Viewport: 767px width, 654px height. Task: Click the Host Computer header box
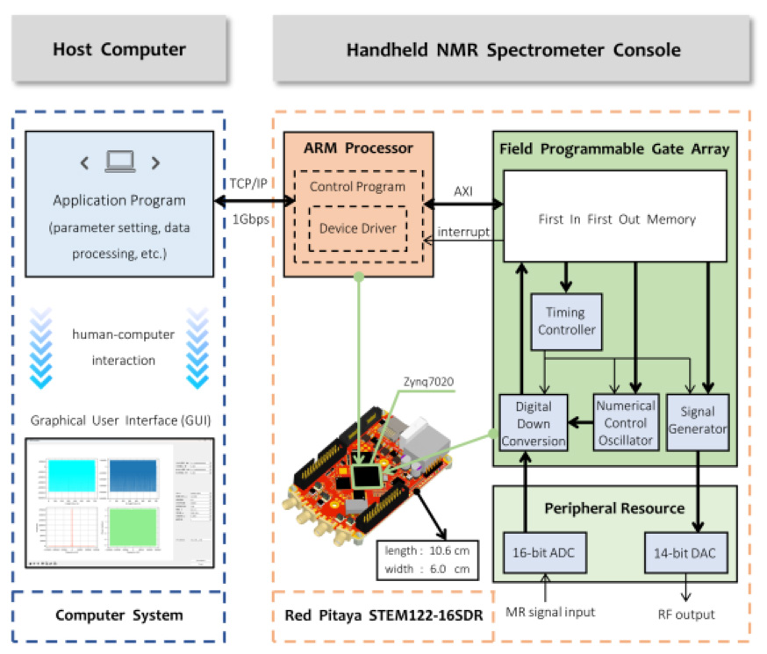[119, 49]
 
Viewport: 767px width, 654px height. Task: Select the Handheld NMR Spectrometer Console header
[513, 49]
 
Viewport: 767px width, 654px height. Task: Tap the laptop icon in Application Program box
[119, 162]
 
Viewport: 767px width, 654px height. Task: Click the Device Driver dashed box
[357, 228]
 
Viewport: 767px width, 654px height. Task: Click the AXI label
[462, 190]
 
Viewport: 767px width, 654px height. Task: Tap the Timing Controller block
[564, 321]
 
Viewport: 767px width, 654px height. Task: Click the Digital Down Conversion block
[534, 424]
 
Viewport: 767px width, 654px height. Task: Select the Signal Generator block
[698, 420]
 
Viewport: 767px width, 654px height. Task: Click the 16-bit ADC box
[535, 553]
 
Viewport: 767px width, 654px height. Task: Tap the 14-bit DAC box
[686, 553]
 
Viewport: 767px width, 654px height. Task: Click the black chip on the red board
[369, 475]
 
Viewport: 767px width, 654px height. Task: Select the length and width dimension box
[427, 559]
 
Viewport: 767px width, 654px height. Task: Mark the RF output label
[687, 614]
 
